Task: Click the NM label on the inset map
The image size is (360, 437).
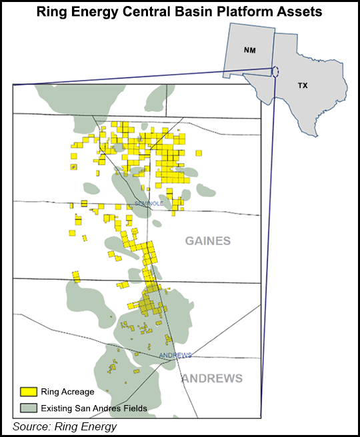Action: click(249, 50)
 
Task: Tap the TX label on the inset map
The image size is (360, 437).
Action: click(302, 86)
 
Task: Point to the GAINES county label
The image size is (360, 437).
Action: click(207, 241)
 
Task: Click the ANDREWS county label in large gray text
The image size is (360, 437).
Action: click(212, 378)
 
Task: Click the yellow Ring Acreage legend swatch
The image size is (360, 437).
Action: click(28, 392)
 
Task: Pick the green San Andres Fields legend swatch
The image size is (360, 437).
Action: click(28, 407)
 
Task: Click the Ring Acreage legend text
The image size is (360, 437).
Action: click(67, 392)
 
